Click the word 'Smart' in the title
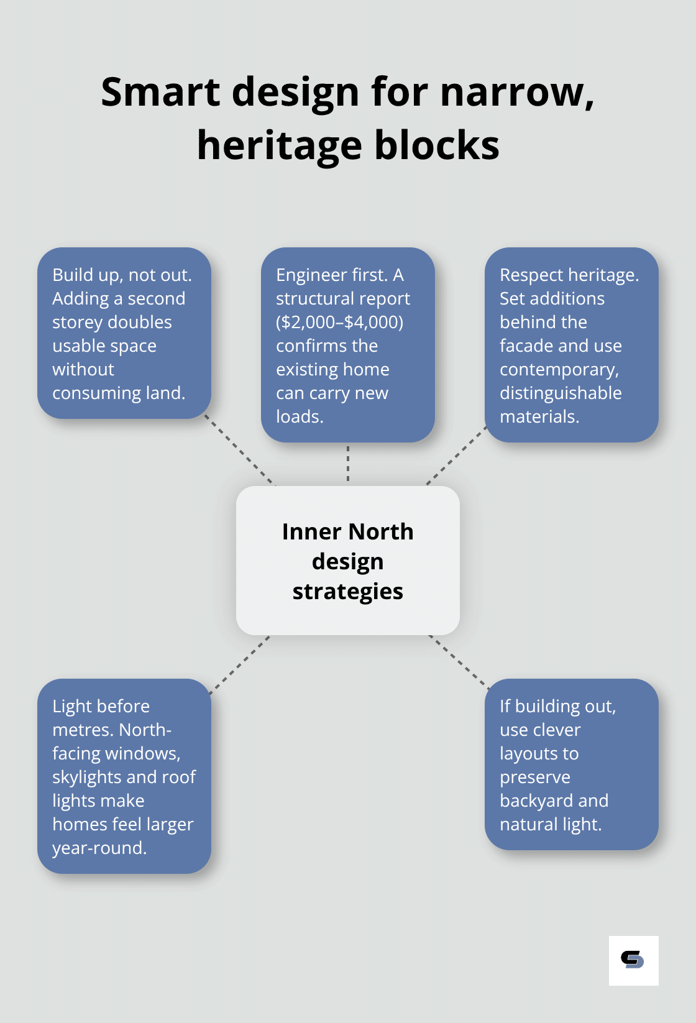click(x=160, y=92)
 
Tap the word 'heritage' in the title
click(x=279, y=146)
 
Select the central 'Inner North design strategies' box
click(x=347, y=561)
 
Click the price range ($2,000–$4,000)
click(x=339, y=322)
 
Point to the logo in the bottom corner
click(x=633, y=960)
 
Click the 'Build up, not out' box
click(x=124, y=333)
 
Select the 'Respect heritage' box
click(x=571, y=345)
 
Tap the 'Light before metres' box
click(x=124, y=776)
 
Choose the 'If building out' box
click(x=571, y=764)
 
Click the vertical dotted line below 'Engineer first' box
click(x=348, y=464)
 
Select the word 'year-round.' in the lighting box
click(x=99, y=848)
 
